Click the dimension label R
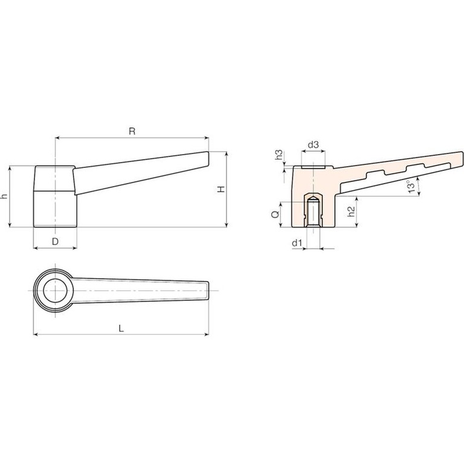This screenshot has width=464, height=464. [x=132, y=131]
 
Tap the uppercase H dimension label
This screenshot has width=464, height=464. [x=221, y=189]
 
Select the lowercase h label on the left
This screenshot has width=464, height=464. [x=4, y=196]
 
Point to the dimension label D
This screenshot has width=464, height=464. [x=56, y=242]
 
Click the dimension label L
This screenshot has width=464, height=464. [x=121, y=329]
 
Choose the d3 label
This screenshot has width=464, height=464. [x=314, y=145]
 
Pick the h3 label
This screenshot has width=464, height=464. [x=279, y=155]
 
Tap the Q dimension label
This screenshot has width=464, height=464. [x=275, y=214]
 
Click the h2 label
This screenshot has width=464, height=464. [x=351, y=211]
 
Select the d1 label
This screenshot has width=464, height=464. [x=297, y=243]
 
